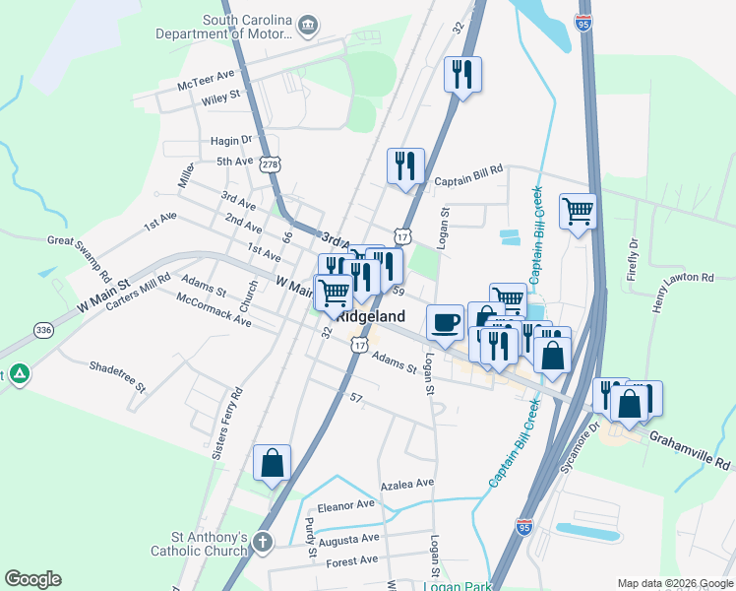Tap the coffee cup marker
[445, 321]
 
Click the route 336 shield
[43, 330]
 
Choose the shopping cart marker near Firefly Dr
[578, 210]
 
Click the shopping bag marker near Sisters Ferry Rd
[272, 462]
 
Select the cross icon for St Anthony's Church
[262, 542]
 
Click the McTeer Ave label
[207, 80]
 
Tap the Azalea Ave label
[407, 484]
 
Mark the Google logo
[32, 578]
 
